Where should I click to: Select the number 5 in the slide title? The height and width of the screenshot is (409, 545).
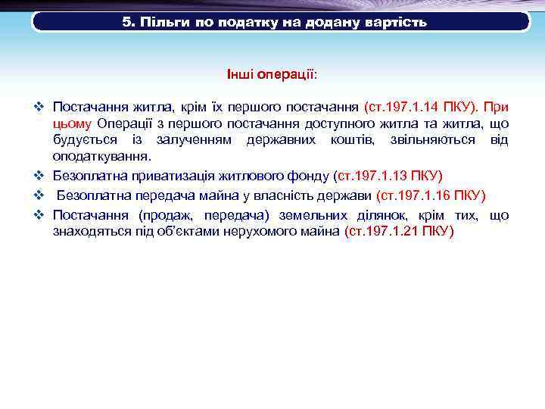[126, 22]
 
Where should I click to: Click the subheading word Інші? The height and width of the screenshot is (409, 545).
[240, 76]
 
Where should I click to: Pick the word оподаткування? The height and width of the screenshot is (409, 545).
[101, 157]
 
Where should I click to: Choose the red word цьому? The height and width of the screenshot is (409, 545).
[72, 123]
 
